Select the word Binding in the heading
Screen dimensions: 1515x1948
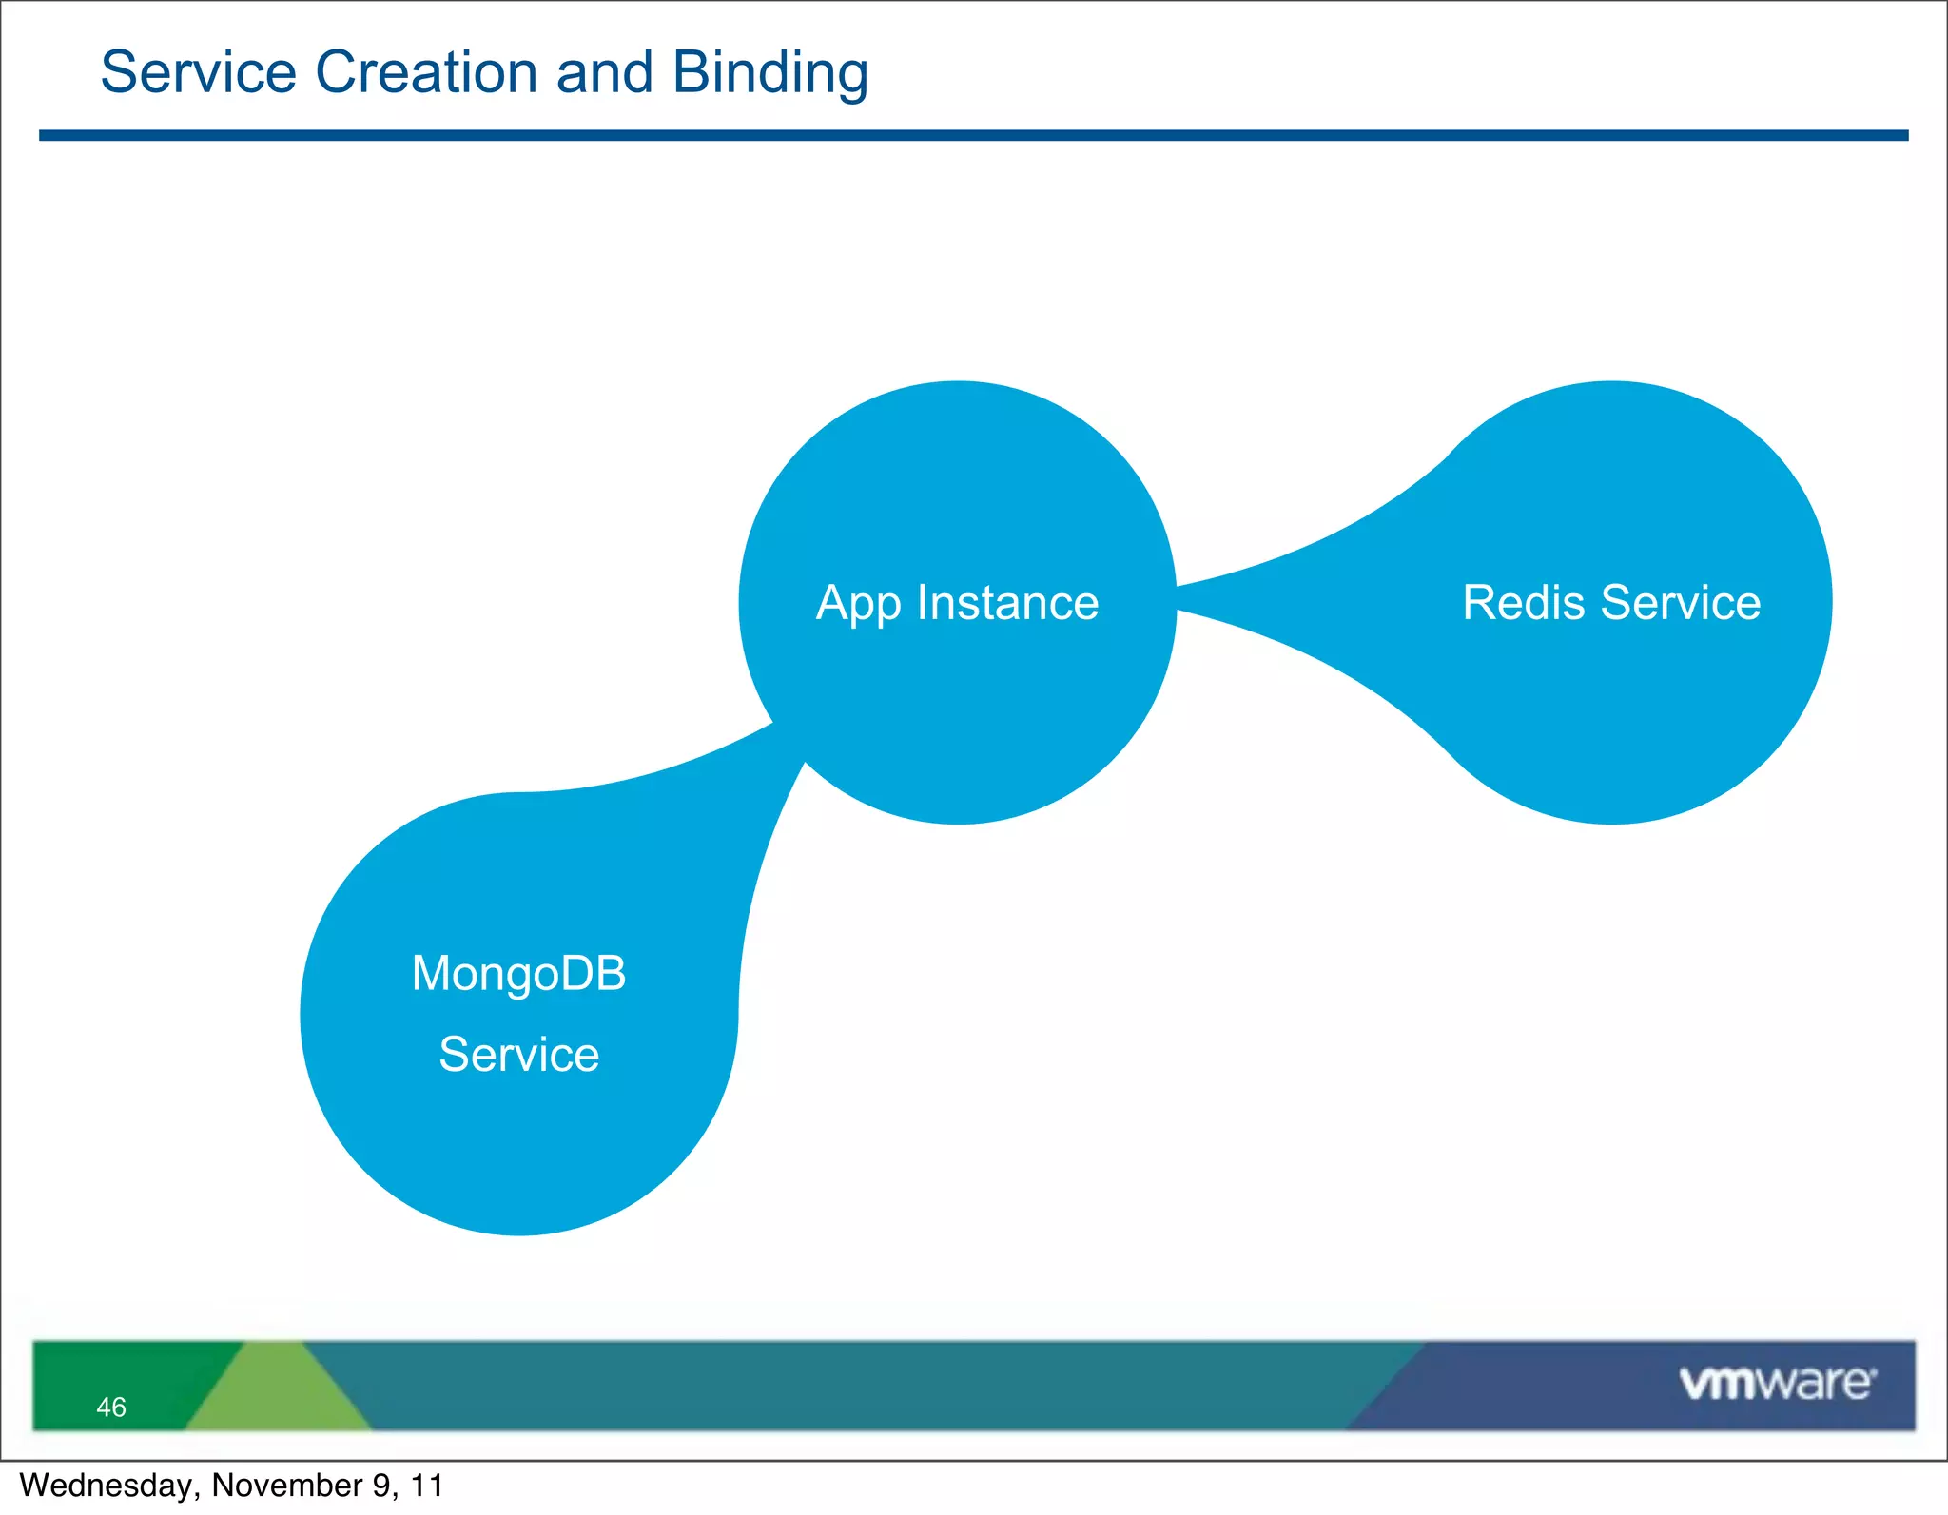[x=769, y=73]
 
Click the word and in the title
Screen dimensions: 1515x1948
[x=605, y=73]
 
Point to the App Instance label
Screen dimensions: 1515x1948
[x=957, y=603]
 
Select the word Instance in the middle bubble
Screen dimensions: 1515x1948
[x=1007, y=603]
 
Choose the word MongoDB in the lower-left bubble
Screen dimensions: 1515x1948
[x=518, y=974]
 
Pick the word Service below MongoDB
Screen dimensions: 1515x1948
[x=518, y=1055]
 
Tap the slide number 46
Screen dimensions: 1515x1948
[x=111, y=1407]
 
